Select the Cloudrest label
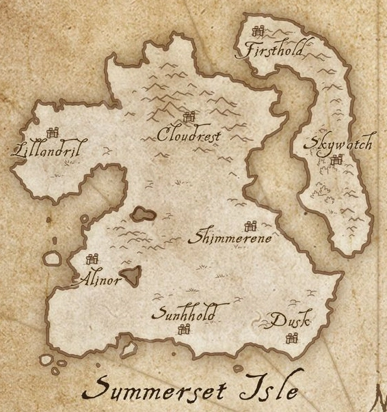point(189,135)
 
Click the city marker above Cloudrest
point(189,118)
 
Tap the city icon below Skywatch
point(336,161)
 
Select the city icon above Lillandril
point(51,133)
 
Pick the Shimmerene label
point(233,238)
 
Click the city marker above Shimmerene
point(250,225)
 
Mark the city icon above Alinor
point(92,260)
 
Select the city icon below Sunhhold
point(183,329)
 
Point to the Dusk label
point(290,320)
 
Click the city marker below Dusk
point(292,337)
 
